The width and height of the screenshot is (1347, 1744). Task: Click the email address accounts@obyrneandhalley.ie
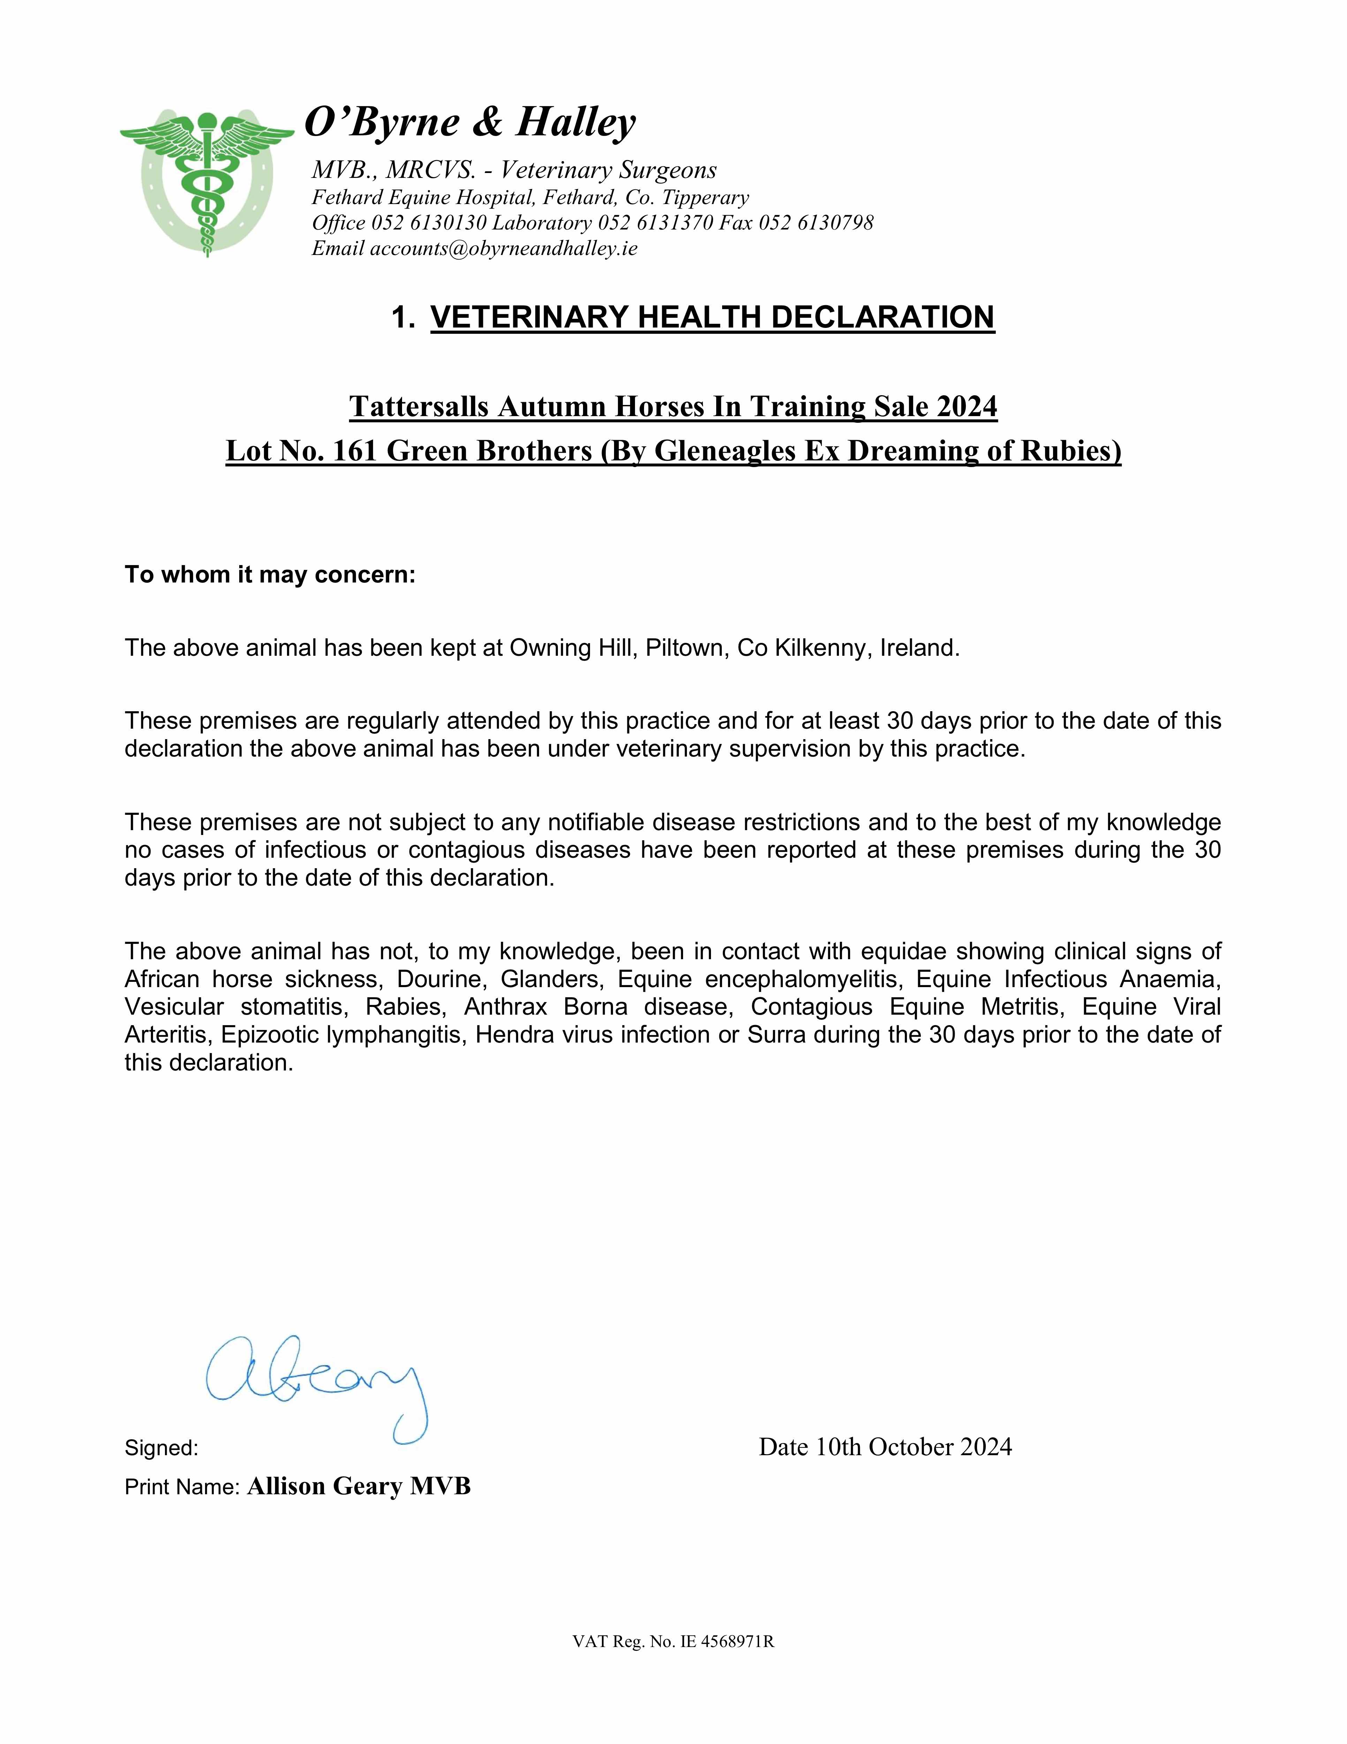503,248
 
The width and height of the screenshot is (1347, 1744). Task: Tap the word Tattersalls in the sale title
419,406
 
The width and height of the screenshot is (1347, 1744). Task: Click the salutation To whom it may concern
270,575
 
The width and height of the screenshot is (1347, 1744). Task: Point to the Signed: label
161,1448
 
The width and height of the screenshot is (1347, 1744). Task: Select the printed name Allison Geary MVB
358,1487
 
